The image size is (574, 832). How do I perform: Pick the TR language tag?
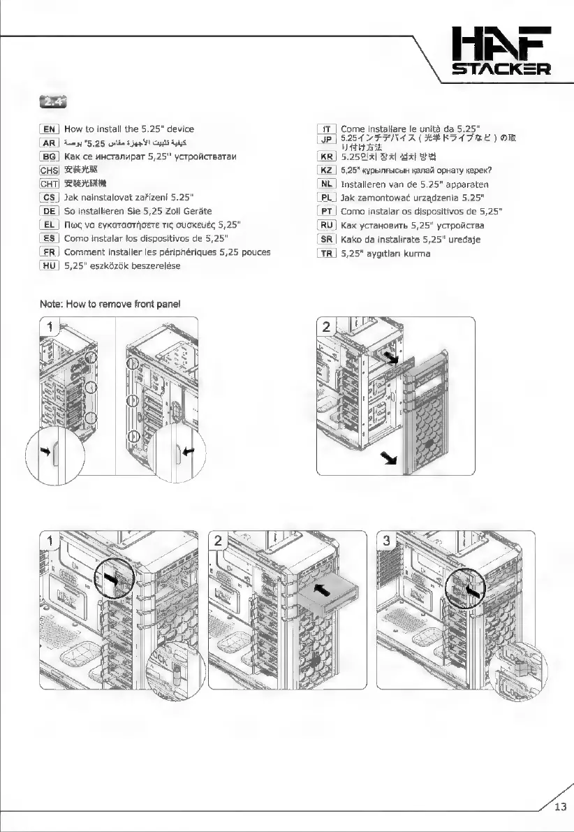pyautogui.click(x=326, y=254)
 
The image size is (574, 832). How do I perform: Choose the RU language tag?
pyautogui.click(x=326, y=225)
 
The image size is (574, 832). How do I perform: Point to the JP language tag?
pyautogui.click(x=326, y=140)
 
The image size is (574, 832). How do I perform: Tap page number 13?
pyautogui.click(x=560, y=808)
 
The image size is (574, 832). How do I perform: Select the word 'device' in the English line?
pyautogui.click(x=177, y=129)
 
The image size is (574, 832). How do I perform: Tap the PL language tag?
pyautogui.click(x=326, y=198)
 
